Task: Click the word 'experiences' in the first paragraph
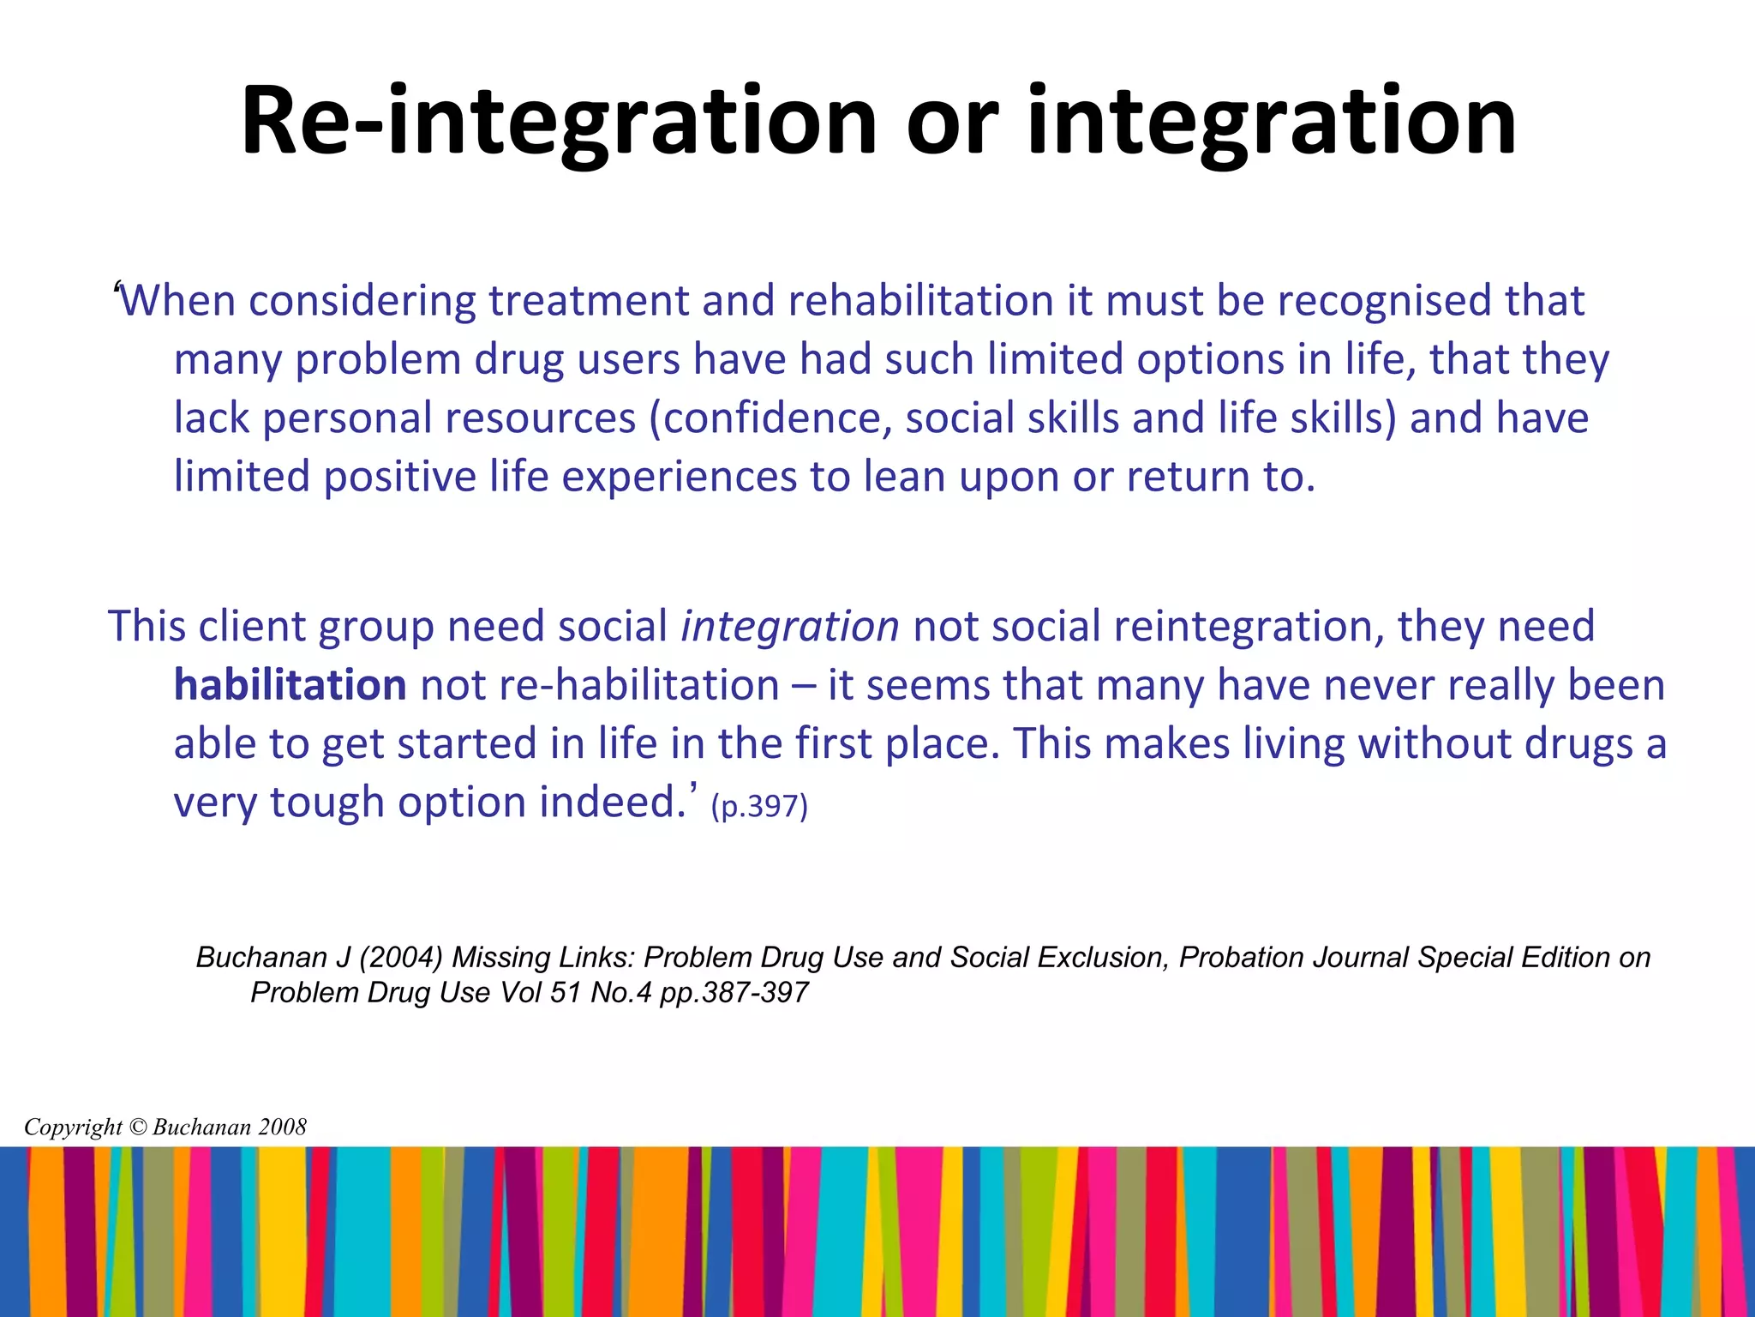680,477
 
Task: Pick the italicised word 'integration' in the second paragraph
789,626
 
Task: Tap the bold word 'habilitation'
290,685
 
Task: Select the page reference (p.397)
759,806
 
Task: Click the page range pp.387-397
734,993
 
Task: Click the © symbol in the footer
137,1127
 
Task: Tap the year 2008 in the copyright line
282,1127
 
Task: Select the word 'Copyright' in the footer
73,1127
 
